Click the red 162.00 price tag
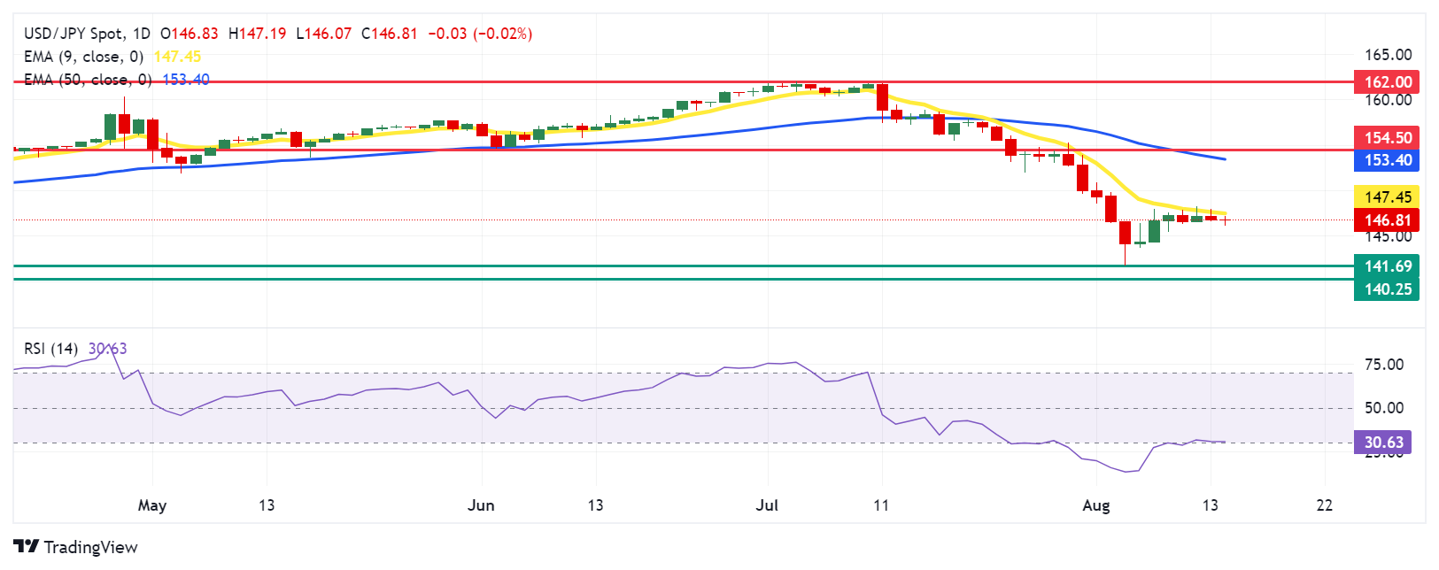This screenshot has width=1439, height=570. [x=1387, y=82]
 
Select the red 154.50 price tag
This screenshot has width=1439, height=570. [x=1387, y=138]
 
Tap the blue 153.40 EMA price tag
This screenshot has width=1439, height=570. [x=1387, y=160]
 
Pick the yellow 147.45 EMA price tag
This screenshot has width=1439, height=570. [x=1387, y=197]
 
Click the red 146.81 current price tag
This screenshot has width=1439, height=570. [x=1387, y=220]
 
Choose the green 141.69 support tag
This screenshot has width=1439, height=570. [x=1387, y=266]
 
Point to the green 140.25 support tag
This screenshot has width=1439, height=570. [x=1387, y=289]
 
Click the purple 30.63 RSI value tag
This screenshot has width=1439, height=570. [x=1382, y=443]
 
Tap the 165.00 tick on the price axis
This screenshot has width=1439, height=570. [x=1388, y=55]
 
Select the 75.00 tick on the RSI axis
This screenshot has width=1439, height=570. [x=1383, y=365]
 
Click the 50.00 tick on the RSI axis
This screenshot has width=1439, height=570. [x=1383, y=408]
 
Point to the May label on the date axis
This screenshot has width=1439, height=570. [x=152, y=505]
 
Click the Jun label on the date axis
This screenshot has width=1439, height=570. [x=481, y=505]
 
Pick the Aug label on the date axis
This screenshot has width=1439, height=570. [x=1096, y=505]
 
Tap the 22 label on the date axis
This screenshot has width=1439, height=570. [x=1325, y=505]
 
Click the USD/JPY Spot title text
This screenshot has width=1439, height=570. [x=74, y=34]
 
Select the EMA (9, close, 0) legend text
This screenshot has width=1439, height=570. [x=83, y=57]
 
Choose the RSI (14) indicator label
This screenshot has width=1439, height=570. [x=50, y=349]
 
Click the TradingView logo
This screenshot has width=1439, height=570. [x=75, y=547]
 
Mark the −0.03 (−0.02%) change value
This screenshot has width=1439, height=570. [x=480, y=34]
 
